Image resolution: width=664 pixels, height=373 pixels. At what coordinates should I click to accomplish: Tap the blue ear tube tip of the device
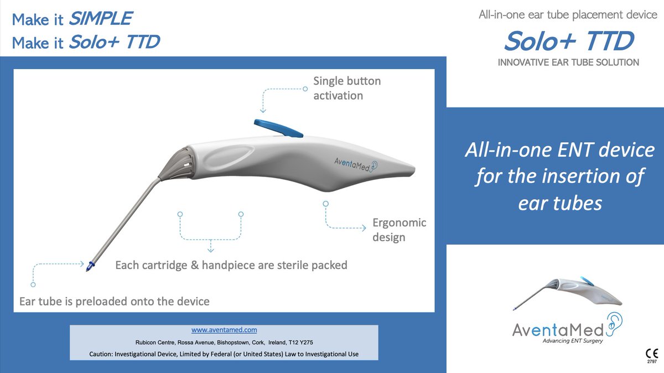click(x=89, y=267)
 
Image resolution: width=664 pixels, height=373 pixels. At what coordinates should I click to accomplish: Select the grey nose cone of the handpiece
click(x=176, y=162)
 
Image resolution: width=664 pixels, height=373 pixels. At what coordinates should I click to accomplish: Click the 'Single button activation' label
click(x=346, y=88)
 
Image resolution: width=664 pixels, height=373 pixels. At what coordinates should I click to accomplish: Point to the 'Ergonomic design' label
click(x=399, y=230)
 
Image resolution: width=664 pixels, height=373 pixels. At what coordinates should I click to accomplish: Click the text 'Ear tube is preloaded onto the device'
click(x=115, y=302)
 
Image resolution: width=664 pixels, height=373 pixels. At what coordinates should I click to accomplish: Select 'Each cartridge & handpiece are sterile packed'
click(x=231, y=265)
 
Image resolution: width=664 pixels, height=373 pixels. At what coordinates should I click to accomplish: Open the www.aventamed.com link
click(x=224, y=330)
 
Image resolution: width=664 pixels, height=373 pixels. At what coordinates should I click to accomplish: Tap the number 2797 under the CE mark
click(x=651, y=362)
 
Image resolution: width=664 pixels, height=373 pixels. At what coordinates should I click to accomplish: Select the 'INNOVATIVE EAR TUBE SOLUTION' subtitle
click(x=568, y=63)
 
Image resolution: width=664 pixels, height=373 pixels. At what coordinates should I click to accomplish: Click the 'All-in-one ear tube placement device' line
click(x=567, y=15)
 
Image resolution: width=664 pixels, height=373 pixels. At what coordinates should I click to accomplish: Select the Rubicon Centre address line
click(x=224, y=342)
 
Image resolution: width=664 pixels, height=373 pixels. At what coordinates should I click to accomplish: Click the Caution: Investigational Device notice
click(x=224, y=354)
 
